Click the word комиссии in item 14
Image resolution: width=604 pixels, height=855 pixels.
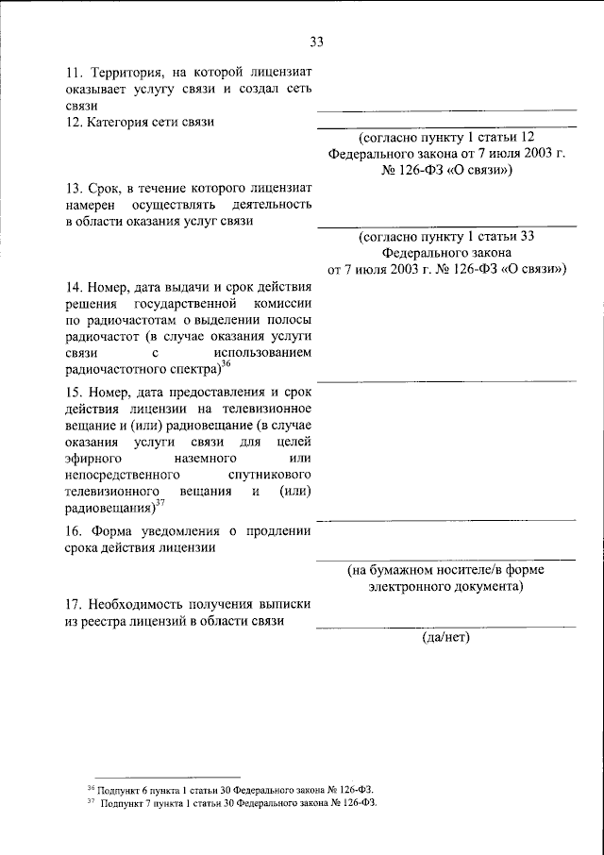point(279,305)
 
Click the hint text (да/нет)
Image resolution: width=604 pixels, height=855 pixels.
point(445,637)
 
